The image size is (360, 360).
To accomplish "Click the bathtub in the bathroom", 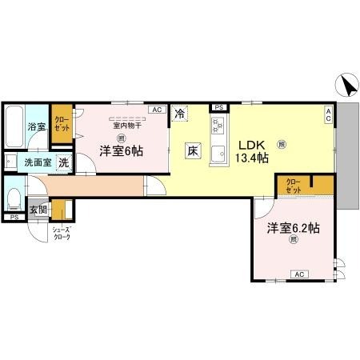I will pos(14,124).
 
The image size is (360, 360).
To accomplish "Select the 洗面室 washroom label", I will pos(36,162).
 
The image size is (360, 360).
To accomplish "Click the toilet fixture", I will pos(14,198).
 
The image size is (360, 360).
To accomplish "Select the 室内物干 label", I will pos(126,126).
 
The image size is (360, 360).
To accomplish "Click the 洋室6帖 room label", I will pos(122,150).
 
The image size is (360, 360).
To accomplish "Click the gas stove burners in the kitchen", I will pos(218,125).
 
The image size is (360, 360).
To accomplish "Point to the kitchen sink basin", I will pos(217,155).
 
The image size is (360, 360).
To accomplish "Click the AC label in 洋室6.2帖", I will pos(299,274).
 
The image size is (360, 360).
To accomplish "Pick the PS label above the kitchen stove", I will pos(218,106).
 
